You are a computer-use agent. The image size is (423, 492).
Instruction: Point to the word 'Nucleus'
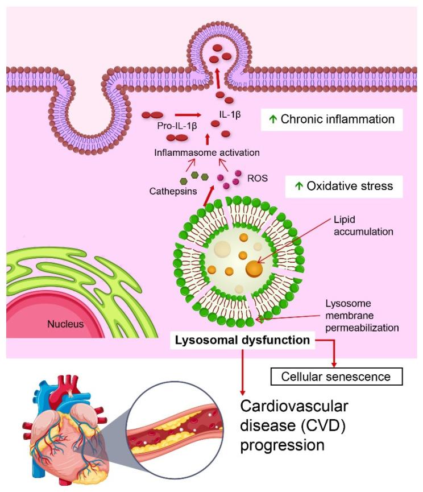[66, 324]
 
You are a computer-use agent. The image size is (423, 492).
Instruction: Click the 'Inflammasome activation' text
[207, 152]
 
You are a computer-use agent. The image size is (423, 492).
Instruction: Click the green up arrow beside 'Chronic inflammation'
[273, 120]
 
